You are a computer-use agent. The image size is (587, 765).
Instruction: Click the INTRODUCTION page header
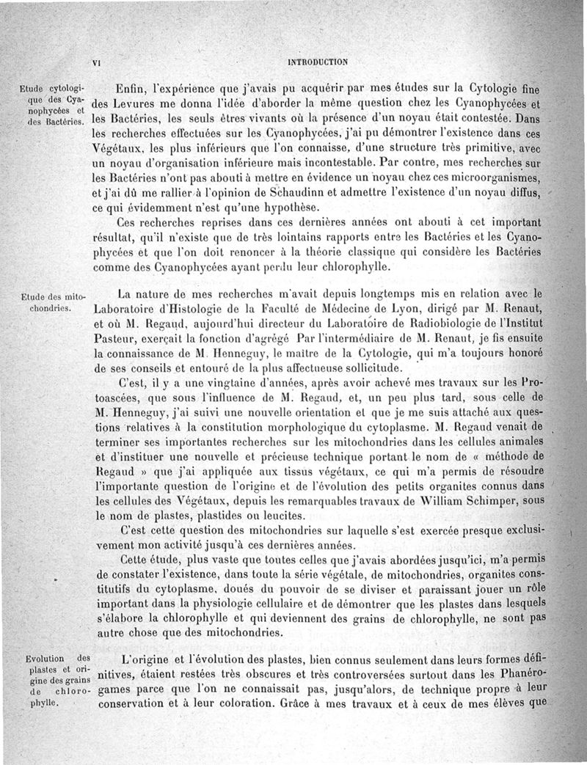[318, 62]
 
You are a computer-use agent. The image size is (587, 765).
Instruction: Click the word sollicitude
[371, 367]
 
